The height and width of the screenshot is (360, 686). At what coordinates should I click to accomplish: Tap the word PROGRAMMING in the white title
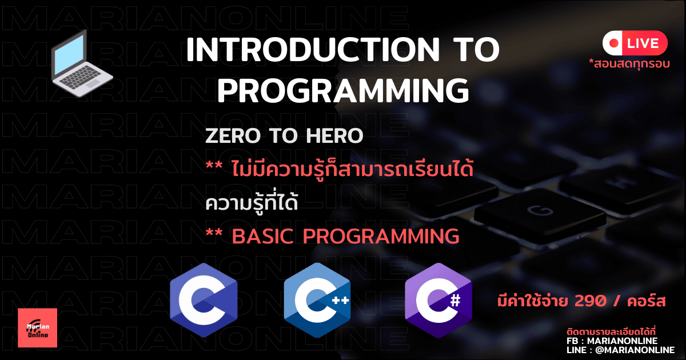pyautogui.click(x=343, y=90)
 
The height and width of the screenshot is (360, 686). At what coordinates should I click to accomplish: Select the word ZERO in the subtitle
pyautogui.click(x=233, y=135)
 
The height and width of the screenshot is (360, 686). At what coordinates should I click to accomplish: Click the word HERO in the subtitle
pyautogui.click(x=334, y=135)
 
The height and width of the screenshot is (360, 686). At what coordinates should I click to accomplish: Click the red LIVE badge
pyautogui.click(x=635, y=43)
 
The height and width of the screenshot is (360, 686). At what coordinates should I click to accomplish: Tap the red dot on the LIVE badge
pyautogui.click(x=614, y=43)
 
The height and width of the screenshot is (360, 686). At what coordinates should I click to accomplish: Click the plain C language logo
pyautogui.click(x=204, y=300)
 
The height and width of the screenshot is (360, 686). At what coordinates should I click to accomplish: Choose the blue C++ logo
pyautogui.click(x=317, y=300)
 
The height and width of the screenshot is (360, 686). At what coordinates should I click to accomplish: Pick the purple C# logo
pyautogui.click(x=438, y=300)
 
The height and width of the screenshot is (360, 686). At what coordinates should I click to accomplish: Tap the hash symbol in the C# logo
pyautogui.click(x=456, y=300)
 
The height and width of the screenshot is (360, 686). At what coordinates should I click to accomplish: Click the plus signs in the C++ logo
pyautogui.click(x=341, y=300)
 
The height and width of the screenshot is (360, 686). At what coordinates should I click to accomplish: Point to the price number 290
pyautogui.click(x=590, y=301)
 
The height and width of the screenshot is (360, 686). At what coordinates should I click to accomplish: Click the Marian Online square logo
pyautogui.click(x=37, y=328)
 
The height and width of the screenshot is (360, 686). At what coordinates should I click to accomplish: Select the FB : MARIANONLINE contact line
pyautogui.click(x=612, y=341)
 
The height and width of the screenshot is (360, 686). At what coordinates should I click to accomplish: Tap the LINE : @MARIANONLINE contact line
pyautogui.click(x=620, y=350)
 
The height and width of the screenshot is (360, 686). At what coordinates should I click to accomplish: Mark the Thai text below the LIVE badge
pyautogui.click(x=629, y=64)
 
